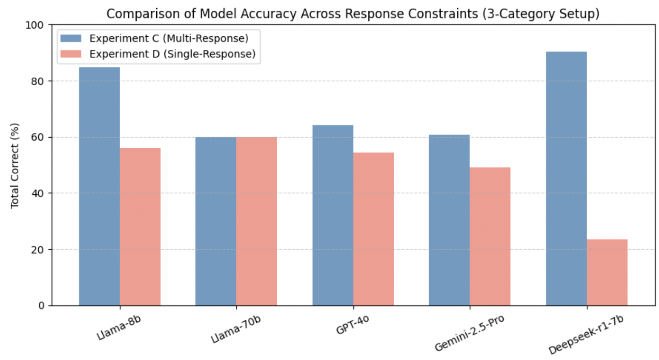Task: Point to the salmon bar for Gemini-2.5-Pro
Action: tap(490, 236)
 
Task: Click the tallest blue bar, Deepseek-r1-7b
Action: tap(566, 179)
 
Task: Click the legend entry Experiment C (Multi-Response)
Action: tap(169, 38)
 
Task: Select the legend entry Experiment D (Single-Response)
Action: tap(172, 54)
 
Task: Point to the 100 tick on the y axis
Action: tap(39, 25)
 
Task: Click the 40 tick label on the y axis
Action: tap(41, 193)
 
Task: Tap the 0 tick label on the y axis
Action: tap(44, 306)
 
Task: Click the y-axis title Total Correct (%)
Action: tap(15, 165)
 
